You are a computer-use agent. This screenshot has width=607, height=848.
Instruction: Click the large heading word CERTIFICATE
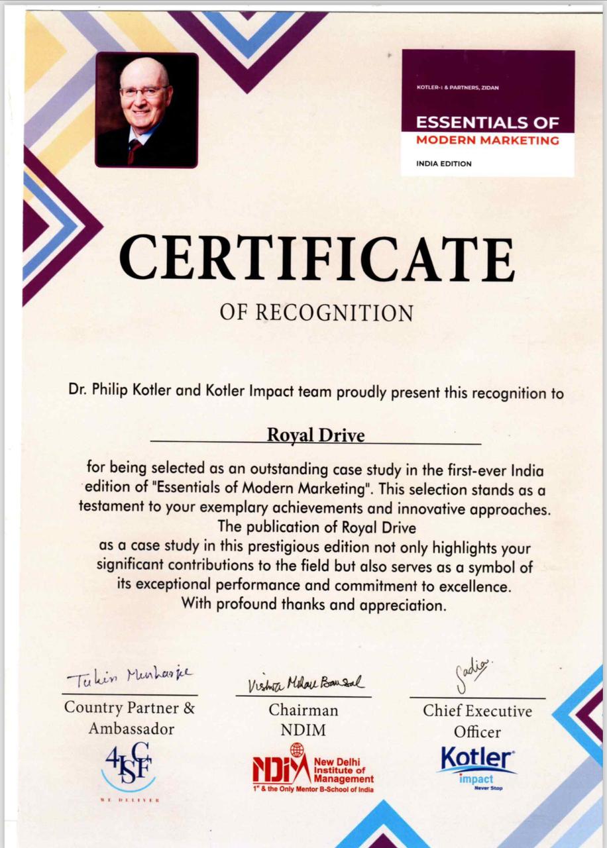316,258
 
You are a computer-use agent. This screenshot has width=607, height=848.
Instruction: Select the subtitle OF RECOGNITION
316,312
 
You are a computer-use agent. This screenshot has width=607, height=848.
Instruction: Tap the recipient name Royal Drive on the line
315,435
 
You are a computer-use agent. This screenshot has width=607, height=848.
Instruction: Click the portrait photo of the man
146,109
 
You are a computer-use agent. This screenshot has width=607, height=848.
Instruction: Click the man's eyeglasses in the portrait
143,91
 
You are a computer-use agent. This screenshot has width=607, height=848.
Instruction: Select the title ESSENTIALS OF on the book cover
487,123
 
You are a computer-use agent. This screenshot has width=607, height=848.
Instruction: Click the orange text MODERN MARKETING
487,140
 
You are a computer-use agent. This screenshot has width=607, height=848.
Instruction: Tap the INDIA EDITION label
444,164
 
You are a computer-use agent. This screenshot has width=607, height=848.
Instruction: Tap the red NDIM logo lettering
281,768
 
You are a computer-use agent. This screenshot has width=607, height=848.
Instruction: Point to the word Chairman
303,710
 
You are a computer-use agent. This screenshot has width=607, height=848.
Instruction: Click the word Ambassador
131,729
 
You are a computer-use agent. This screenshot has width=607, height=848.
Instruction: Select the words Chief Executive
477,711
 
